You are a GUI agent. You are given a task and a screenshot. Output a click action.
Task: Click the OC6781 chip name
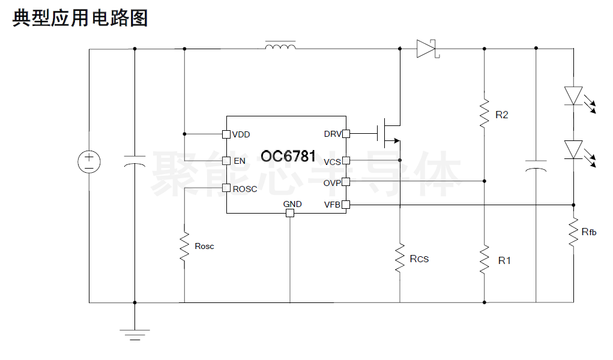click(x=288, y=156)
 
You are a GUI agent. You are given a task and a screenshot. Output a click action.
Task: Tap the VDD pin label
click(x=241, y=134)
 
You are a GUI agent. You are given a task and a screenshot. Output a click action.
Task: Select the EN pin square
click(x=226, y=161)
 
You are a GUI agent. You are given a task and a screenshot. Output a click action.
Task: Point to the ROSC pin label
click(x=245, y=189)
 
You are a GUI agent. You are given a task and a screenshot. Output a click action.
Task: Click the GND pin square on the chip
click(x=290, y=213)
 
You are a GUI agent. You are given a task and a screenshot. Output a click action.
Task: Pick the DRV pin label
click(x=333, y=134)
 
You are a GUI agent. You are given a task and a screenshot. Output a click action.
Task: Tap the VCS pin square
click(x=346, y=160)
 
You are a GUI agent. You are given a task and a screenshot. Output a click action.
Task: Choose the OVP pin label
click(x=332, y=183)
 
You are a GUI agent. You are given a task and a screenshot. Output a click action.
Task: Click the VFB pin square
click(x=346, y=205)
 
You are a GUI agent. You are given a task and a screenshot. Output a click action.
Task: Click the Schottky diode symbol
click(x=427, y=49)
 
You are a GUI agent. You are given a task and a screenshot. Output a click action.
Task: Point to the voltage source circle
click(x=89, y=162)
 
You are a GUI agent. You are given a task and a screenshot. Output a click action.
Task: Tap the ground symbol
click(x=135, y=335)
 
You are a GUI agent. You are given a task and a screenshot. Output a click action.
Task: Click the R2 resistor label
click(x=501, y=115)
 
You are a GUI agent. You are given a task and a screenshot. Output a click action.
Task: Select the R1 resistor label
click(x=504, y=261)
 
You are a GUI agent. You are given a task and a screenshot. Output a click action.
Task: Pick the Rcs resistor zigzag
click(x=399, y=258)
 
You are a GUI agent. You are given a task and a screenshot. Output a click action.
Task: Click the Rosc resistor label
click(x=205, y=246)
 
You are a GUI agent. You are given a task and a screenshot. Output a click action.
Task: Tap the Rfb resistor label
click(x=589, y=232)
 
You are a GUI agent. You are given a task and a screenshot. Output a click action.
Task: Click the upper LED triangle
click(x=573, y=96)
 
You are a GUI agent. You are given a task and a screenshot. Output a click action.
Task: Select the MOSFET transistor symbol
click(x=388, y=133)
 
